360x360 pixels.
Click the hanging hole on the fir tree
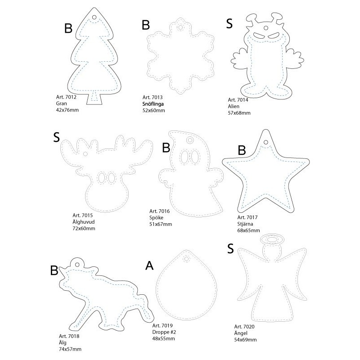(94, 17)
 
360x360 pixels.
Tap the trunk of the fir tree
(94, 99)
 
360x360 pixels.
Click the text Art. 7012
(66, 97)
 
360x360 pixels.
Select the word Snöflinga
(153, 104)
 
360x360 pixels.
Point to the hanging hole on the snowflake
(181, 27)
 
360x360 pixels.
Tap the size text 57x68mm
(239, 113)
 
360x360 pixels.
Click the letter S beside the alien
(229, 23)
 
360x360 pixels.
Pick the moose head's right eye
(112, 177)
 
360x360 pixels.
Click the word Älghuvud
(84, 222)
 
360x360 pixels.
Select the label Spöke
(156, 217)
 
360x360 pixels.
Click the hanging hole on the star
(265, 142)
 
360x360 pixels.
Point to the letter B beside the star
(242, 151)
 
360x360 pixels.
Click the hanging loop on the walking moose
(77, 264)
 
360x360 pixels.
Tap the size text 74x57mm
(70, 349)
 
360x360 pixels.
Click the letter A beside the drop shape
(149, 265)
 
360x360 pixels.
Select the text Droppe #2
(164, 332)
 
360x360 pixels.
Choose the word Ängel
(241, 333)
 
